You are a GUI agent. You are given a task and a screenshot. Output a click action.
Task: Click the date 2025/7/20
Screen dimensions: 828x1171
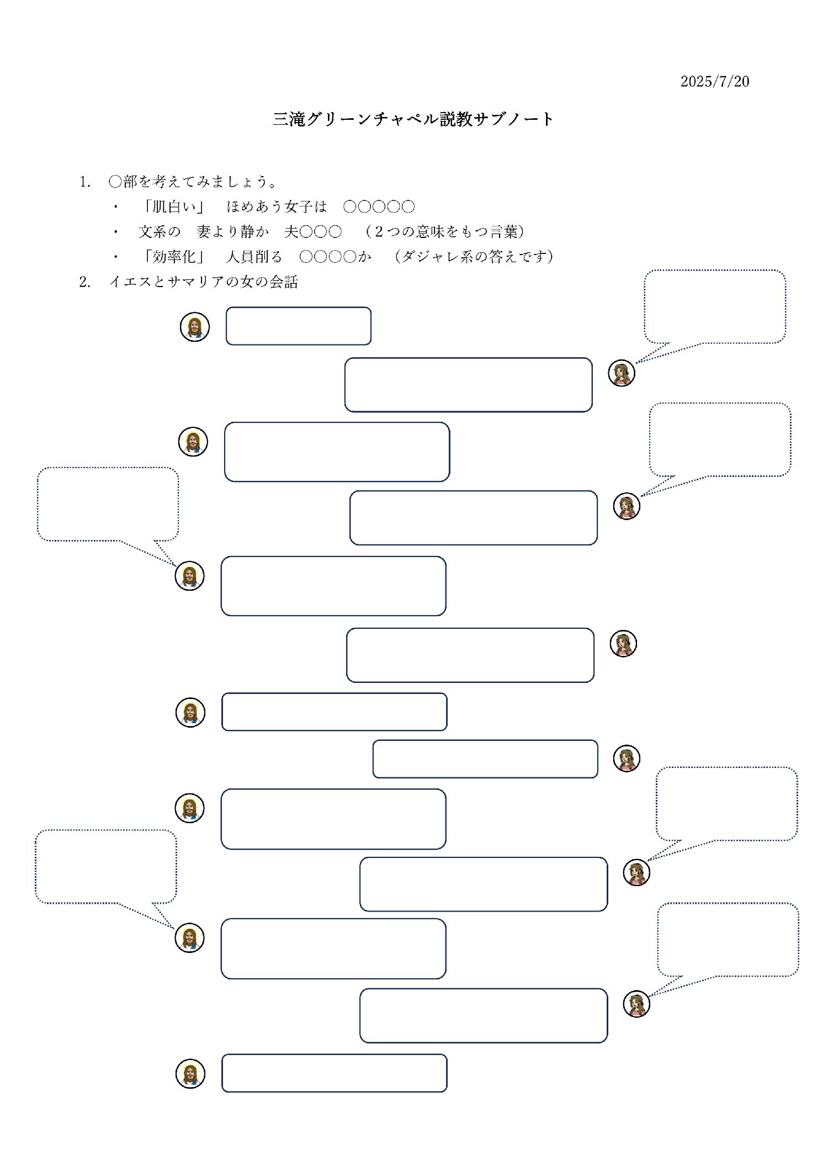(x=715, y=82)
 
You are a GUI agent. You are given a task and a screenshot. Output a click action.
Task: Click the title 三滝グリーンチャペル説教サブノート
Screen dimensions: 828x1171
(x=413, y=119)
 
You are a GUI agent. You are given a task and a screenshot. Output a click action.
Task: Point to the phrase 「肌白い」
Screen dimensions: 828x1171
(x=173, y=206)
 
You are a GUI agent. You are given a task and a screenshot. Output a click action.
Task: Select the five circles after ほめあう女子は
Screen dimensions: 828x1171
(x=379, y=207)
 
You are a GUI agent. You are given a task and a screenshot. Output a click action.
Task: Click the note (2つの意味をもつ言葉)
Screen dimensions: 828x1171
(x=444, y=232)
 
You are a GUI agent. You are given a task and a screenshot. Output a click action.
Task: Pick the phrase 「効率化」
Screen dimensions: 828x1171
(x=173, y=257)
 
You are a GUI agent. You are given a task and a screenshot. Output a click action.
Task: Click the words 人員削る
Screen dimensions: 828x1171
(x=254, y=257)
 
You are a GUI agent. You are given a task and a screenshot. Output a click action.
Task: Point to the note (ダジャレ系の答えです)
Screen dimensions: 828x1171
(x=475, y=257)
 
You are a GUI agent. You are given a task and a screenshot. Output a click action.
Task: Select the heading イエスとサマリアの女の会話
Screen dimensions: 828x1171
(x=204, y=282)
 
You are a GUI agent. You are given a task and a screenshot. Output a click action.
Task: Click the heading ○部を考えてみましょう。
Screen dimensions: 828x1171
(x=193, y=182)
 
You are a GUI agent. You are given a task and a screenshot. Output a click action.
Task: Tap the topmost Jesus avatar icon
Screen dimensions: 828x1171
(x=195, y=327)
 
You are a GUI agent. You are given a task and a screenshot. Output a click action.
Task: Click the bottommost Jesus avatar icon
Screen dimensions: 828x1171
(x=190, y=1074)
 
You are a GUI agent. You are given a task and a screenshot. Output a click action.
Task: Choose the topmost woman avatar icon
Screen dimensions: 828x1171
(x=622, y=373)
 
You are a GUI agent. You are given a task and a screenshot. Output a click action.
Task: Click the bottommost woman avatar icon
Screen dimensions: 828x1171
(x=636, y=1004)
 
